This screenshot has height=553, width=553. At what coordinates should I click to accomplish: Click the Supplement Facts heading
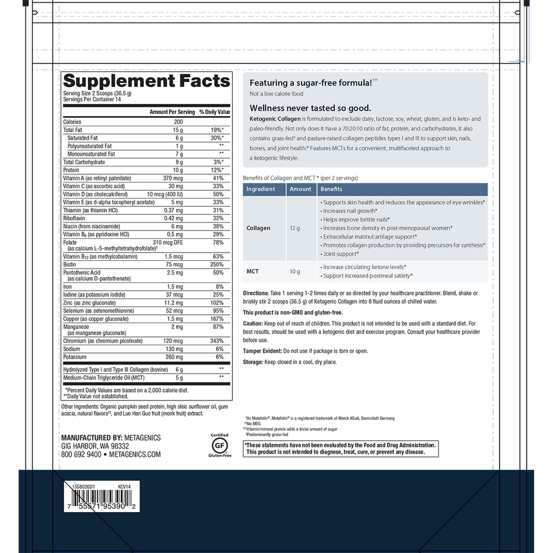(x=146, y=81)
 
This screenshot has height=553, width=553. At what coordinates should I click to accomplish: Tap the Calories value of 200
(x=178, y=122)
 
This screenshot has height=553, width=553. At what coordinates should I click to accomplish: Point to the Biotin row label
(x=70, y=265)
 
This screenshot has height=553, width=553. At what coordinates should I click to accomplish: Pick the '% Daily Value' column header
(x=214, y=112)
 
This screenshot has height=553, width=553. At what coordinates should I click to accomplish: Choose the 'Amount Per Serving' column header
(x=172, y=112)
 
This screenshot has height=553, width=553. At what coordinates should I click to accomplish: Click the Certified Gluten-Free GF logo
(x=219, y=445)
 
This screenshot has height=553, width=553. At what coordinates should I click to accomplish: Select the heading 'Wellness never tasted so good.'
(x=310, y=108)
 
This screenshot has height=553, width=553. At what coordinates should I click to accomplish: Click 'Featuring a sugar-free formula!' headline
(x=311, y=83)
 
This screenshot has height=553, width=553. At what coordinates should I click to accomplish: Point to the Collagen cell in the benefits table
(x=259, y=228)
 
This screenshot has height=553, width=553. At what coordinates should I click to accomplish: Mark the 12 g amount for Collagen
(x=294, y=228)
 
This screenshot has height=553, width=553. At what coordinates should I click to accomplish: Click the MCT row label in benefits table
(x=253, y=271)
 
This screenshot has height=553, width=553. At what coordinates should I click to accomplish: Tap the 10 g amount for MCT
(x=294, y=271)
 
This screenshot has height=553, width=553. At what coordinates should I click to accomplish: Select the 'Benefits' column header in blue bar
(x=331, y=189)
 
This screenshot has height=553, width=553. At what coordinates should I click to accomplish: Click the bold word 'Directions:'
(x=255, y=293)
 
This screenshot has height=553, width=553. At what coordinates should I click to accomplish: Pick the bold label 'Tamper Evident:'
(x=262, y=351)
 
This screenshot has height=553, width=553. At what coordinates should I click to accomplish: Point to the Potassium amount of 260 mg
(x=176, y=357)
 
